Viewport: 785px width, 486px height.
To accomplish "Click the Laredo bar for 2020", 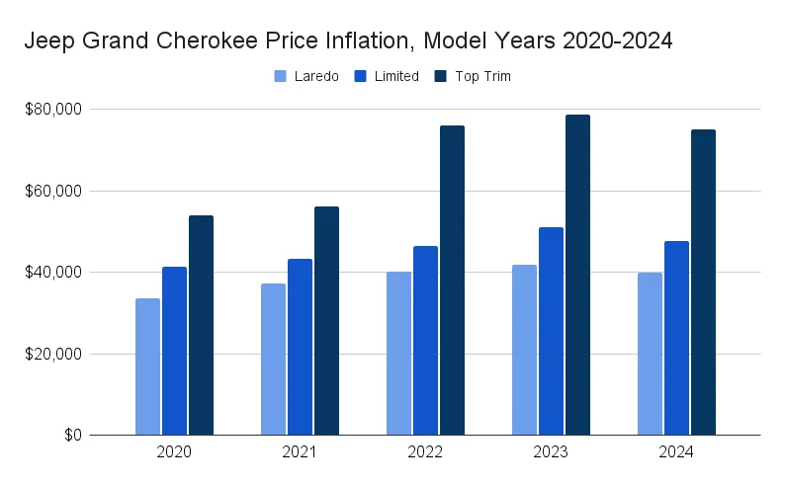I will tap(147, 366).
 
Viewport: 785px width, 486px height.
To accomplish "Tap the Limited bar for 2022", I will tap(425, 341).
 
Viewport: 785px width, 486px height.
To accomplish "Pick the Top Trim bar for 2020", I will tap(201, 325).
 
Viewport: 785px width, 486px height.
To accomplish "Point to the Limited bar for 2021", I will tap(300, 347).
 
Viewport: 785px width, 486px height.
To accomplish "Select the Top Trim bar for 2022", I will tap(452, 281).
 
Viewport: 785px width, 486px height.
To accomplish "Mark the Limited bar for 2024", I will tap(676, 338).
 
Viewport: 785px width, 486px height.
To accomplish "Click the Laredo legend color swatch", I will tap(280, 76).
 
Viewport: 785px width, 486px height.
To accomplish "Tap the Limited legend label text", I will tap(397, 76).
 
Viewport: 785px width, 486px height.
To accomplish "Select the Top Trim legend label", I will tap(482, 76).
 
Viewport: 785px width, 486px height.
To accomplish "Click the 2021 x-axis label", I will tap(300, 452).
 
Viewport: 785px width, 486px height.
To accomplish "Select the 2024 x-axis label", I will tap(676, 452).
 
